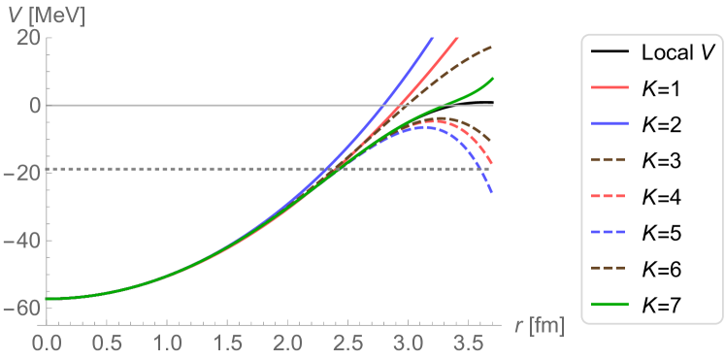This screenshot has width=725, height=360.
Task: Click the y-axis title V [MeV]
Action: (48, 14)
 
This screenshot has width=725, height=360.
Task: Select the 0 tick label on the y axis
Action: (33, 105)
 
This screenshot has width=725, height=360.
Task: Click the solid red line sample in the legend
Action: (610, 87)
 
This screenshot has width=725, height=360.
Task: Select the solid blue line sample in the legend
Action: (610, 123)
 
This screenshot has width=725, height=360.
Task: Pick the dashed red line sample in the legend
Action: (610, 195)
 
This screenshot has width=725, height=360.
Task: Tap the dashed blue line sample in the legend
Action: (610, 232)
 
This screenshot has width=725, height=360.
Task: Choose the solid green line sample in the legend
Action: (610, 304)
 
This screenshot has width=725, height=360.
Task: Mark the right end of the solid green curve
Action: (494, 79)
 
